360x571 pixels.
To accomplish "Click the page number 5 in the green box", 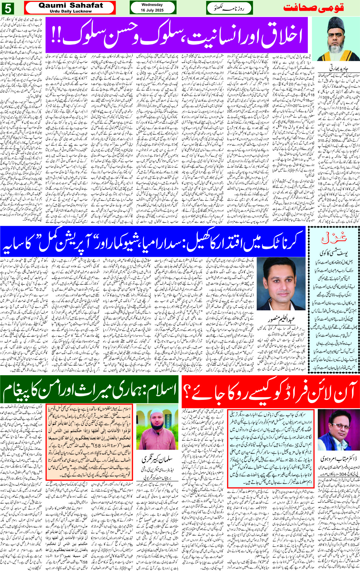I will (x=8, y=8).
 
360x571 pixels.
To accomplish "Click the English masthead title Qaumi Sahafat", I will (x=71, y=5).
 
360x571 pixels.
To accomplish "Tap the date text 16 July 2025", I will (x=152, y=10).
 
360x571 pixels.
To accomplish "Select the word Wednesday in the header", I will (x=152, y=5).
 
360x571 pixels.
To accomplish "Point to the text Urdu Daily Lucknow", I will (x=71, y=11).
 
